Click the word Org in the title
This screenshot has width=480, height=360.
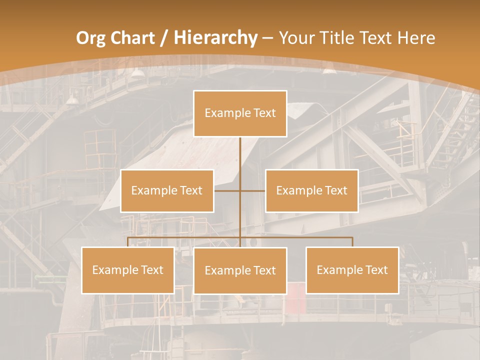point(91,38)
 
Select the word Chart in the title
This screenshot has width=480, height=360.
point(131,38)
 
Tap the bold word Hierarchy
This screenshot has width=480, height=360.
point(215,38)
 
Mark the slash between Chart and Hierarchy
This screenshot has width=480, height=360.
point(163,38)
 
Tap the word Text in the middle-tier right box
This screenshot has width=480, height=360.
point(336,190)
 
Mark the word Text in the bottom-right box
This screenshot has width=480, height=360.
point(376,270)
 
